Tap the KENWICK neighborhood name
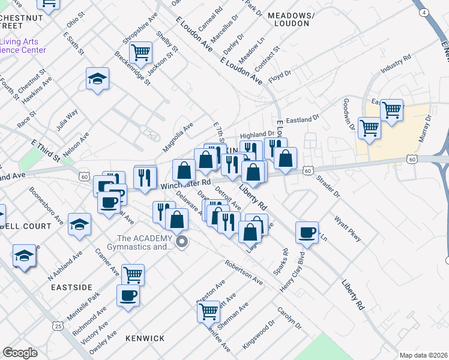tap(145, 338)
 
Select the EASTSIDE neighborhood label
tap(71, 287)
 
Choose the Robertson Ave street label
tap(244, 272)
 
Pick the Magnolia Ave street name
tap(178, 137)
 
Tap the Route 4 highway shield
tap(424, 12)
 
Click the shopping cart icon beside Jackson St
tap(140, 52)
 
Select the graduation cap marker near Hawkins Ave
tap(97, 79)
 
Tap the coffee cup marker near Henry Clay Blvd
tap(307, 232)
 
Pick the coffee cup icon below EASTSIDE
tap(128, 295)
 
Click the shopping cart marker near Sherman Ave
tap(208, 311)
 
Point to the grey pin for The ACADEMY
tap(182, 242)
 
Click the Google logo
tap(20, 353)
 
